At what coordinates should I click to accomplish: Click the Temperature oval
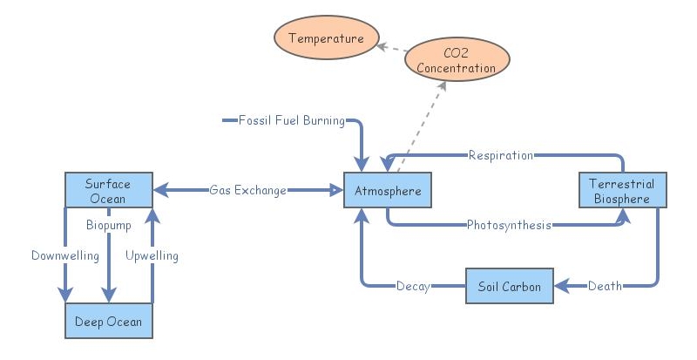[325, 38]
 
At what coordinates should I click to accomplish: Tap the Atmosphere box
[388, 190]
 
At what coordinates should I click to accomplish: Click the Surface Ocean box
[108, 190]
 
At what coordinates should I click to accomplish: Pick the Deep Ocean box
[108, 321]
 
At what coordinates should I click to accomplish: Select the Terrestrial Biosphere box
[623, 190]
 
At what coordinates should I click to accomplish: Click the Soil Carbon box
[510, 286]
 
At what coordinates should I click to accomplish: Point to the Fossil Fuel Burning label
[291, 119]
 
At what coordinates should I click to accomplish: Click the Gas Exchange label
[247, 190]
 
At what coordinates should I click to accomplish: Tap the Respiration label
[500, 155]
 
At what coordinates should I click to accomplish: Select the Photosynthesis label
[509, 225]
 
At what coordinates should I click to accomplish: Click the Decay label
[412, 286]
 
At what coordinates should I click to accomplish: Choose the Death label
[604, 286]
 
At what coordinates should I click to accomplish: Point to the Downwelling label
[64, 255]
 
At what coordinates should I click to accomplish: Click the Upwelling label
[152, 255]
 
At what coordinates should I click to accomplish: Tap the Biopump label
[108, 225]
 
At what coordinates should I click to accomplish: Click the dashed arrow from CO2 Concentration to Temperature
[393, 47]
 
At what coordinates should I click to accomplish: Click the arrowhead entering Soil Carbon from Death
[561, 286]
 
